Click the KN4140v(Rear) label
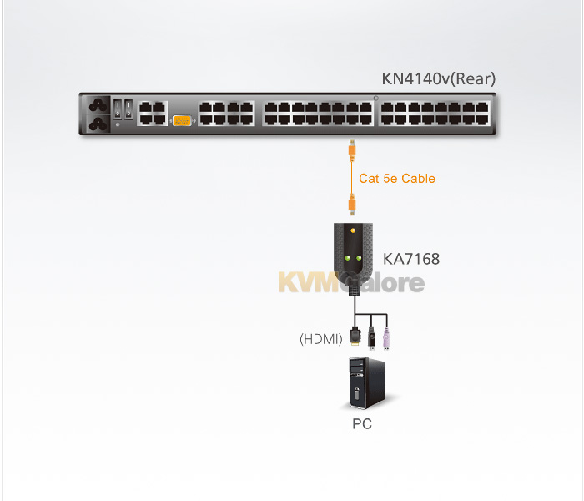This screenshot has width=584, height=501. (x=438, y=78)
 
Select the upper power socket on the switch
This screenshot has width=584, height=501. (x=98, y=105)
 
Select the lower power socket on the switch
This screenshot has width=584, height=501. (x=98, y=124)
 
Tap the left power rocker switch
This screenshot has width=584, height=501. (x=118, y=109)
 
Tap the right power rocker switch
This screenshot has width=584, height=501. (x=128, y=109)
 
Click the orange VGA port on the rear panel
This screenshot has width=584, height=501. (x=182, y=120)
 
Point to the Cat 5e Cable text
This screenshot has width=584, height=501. (x=397, y=179)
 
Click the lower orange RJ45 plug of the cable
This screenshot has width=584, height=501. (x=351, y=205)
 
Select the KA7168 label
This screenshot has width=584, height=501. (x=411, y=259)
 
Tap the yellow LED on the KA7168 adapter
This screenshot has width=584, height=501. (x=353, y=230)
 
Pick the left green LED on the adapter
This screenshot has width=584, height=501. (x=348, y=258)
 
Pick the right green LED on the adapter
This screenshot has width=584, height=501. (x=359, y=258)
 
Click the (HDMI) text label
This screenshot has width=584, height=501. (x=321, y=339)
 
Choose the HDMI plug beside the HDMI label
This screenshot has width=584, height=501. (x=355, y=337)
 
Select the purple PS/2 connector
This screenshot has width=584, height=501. (x=386, y=338)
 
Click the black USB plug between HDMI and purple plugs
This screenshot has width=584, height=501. (x=371, y=338)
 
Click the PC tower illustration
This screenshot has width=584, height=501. (x=367, y=382)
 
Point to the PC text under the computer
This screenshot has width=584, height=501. (x=362, y=424)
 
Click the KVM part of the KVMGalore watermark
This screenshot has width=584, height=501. (x=309, y=282)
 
